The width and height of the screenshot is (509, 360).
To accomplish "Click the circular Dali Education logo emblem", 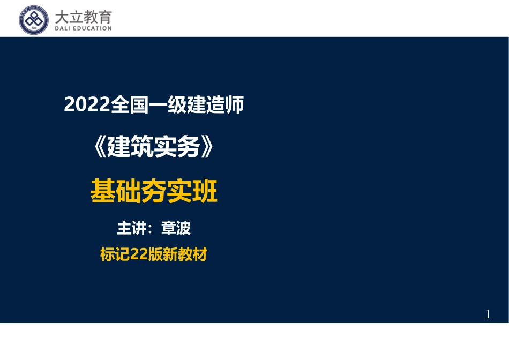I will click(34, 20).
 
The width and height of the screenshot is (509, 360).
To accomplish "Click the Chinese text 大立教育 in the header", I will click(83, 17).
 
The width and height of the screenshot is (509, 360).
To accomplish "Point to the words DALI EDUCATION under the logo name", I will click(83, 29).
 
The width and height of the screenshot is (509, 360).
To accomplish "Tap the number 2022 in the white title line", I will click(86, 105).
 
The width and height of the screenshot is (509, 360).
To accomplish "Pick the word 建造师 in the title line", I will click(216, 105).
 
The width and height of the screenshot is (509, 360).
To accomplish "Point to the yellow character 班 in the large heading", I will click(205, 192).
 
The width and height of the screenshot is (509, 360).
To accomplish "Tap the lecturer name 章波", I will click(175, 229).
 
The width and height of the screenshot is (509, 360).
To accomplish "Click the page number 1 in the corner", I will click(488, 314).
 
